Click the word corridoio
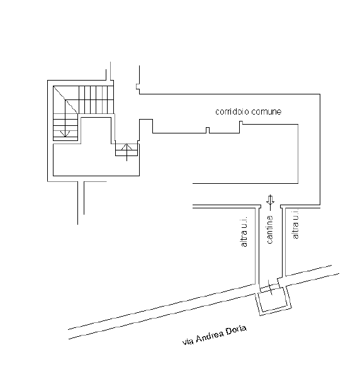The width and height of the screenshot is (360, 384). (x=232, y=111)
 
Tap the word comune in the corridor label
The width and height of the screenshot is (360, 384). (x=266, y=112)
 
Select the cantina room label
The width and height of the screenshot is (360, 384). (x=269, y=230)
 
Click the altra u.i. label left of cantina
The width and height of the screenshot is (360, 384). (x=244, y=232)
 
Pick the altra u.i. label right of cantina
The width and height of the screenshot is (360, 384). (x=295, y=223)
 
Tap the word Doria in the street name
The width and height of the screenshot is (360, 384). (x=236, y=330)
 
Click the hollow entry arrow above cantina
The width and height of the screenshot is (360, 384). (x=270, y=200)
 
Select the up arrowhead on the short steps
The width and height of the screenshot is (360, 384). (x=127, y=147)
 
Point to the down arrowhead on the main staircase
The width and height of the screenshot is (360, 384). (x=65, y=133)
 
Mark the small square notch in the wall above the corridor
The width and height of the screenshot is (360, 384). (x=138, y=86)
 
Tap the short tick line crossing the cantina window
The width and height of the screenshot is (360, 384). (x=270, y=288)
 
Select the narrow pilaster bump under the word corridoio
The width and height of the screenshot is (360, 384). (x=208, y=130)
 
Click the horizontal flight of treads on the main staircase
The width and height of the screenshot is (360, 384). (x=96, y=99)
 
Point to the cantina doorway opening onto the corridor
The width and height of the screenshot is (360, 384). (x=271, y=206)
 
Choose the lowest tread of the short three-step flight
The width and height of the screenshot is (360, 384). (x=127, y=153)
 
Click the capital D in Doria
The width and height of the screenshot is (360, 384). (x=228, y=332)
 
